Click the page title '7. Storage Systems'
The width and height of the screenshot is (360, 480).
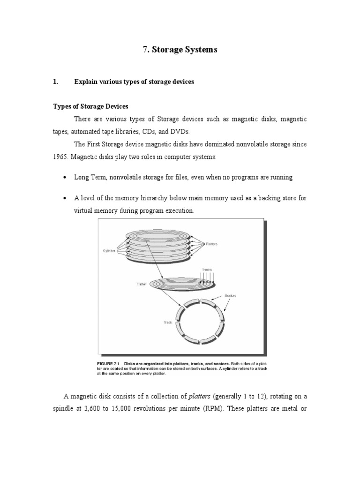[180, 50]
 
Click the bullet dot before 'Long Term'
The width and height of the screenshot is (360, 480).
[64, 178]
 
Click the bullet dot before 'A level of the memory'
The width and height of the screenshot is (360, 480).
[64, 198]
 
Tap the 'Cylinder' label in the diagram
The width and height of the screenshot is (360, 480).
[109, 251]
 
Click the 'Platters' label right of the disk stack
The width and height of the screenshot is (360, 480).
[211, 244]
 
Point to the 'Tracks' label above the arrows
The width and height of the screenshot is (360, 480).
[207, 270]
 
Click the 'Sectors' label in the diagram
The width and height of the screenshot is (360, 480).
[231, 296]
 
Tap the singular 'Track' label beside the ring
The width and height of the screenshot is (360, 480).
[168, 322]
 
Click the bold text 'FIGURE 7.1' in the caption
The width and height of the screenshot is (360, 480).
[109, 364]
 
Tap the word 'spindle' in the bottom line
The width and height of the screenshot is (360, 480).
[65, 408]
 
